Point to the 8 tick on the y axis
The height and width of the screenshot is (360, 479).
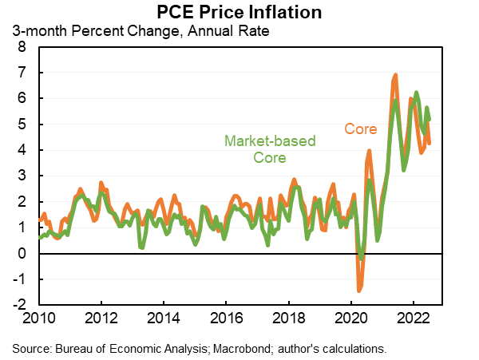22,47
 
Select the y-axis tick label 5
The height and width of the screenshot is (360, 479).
22,125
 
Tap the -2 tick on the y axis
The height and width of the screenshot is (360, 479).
18,305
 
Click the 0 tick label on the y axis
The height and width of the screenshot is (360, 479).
22,254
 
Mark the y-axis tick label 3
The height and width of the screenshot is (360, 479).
22,176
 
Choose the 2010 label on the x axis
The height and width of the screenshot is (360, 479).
39,318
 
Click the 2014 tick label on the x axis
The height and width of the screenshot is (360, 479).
164,318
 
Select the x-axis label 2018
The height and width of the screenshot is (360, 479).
289,318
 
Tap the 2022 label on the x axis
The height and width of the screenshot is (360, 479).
414,318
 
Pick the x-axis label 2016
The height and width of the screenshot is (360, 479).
226,318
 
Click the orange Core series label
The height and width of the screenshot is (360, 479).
360,128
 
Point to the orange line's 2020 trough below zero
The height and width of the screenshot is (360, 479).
359,290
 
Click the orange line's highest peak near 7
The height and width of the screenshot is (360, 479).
395,76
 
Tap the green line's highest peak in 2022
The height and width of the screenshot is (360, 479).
416,93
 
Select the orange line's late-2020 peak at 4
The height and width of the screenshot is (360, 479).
370,151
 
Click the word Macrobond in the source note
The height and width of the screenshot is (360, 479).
232,348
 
